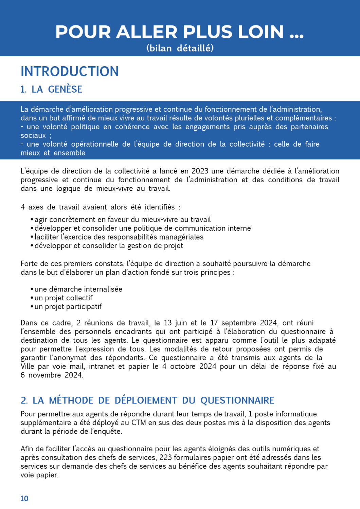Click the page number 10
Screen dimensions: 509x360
point(24,498)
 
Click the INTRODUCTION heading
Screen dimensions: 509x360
point(70,72)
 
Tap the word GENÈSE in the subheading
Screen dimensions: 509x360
point(65,89)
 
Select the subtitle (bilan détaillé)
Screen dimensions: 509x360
point(180,48)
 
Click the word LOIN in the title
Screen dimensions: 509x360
point(260,32)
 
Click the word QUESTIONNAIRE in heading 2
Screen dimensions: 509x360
point(237,400)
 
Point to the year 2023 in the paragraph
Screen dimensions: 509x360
point(200,171)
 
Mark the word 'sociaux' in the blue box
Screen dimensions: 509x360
point(33,135)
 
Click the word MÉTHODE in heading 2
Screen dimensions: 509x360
point(71,400)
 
